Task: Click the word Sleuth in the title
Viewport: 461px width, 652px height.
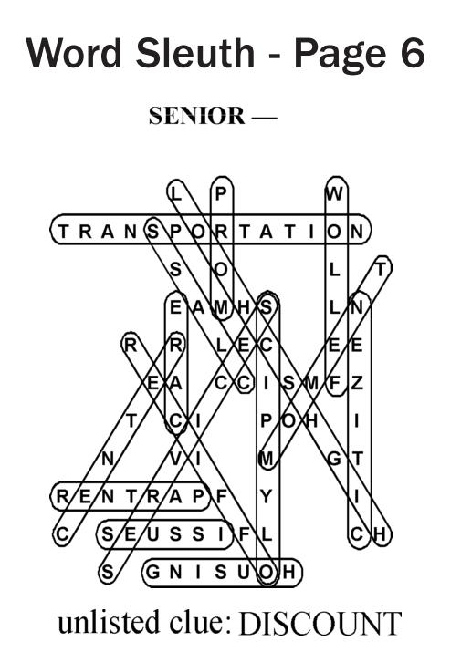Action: click(194, 53)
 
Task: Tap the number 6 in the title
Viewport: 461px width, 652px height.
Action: click(413, 53)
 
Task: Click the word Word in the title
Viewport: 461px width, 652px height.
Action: click(74, 53)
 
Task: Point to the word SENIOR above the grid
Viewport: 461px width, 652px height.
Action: click(197, 116)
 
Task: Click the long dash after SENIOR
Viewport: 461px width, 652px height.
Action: click(265, 118)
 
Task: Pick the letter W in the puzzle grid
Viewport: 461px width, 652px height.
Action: click(335, 193)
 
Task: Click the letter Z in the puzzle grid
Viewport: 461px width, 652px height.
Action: click(357, 383)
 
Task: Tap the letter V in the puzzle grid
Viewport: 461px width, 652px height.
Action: click(176, 459)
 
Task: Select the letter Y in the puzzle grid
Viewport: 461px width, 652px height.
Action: click(267, 496)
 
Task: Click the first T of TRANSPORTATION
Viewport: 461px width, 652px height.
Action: click(63, 232)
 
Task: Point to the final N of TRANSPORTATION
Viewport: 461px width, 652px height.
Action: click(357, 232)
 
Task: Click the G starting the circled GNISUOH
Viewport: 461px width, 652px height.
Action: click(153, 572)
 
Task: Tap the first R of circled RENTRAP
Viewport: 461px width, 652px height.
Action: click(62, 496)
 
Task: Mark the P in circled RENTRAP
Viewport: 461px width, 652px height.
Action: click(198, 496)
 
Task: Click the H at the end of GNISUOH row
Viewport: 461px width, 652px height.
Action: click(289, 572)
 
